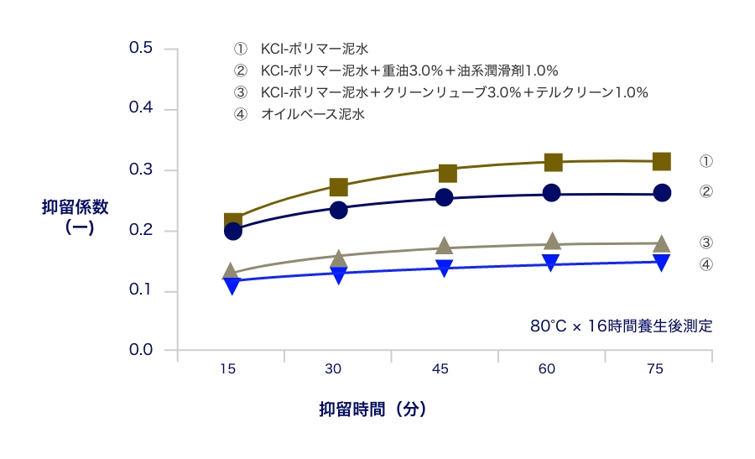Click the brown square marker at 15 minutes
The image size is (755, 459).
233,222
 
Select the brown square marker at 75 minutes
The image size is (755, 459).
661,161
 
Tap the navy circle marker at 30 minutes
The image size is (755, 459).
339,210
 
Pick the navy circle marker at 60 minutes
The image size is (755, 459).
552,192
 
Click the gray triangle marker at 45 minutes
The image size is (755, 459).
445,246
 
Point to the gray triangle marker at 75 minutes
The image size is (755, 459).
661,244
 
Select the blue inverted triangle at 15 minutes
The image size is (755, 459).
233,285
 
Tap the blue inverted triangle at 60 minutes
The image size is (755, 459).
552,263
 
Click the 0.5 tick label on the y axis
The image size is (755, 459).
140,48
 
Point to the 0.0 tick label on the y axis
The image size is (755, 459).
140,350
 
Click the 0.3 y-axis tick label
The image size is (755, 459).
140,170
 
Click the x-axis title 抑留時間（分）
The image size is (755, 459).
372,409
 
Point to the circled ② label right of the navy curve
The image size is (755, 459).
706,191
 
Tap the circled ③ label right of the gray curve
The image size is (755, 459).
706,243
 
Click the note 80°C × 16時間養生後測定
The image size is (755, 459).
621,326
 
